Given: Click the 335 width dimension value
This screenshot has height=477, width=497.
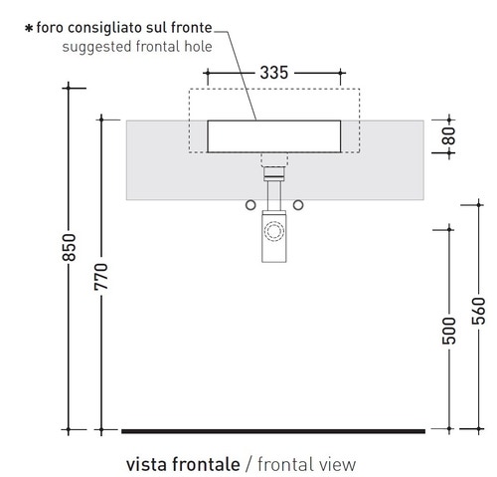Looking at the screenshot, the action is [x=274, y=73].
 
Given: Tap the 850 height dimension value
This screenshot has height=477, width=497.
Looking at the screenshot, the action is [x=70, y=247].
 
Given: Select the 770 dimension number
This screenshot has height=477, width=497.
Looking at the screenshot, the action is [x=101, y=277].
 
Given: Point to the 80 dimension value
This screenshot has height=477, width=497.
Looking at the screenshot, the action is [x=449, y=135].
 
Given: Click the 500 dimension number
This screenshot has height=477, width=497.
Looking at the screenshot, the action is [x=449, y=331].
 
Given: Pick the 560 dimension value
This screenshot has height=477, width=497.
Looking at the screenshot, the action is [x=478, y=311].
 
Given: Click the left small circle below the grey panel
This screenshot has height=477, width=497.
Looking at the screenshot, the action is [x=250, y=205].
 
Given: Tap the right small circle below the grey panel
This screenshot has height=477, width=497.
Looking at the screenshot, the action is [x=298, y=205].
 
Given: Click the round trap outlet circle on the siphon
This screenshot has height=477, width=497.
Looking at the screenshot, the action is [x=274, y=231].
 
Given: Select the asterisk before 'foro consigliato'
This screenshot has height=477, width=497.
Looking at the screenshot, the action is [x=29, y=28].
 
